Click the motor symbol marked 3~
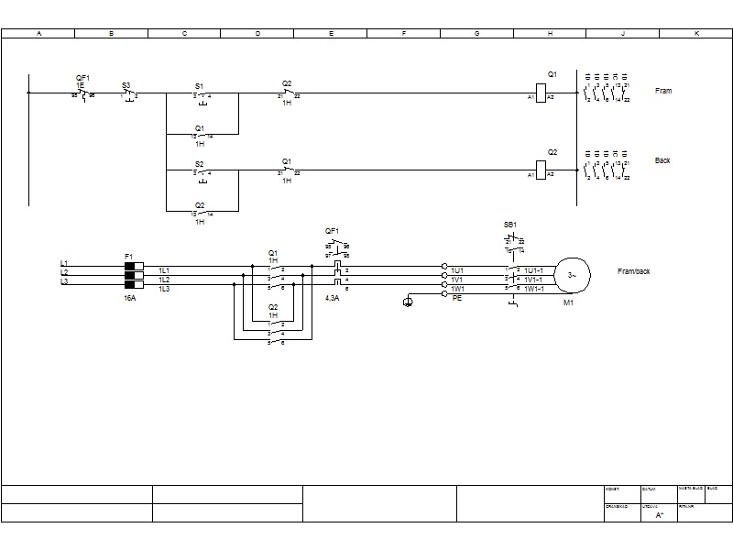pyautogui.click(x=572, y=274)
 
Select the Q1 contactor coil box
pyautogui.click(x=540, y=97)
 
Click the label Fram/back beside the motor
pyautogui.click(x=634, y=271)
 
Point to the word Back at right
pyautogui.click(x=662, y=160)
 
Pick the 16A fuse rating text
pyautogui.click(x=130, y=298)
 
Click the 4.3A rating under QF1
pyautogui.click(x=333, y=298)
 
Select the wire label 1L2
pyautogui.click(x=164, y=280)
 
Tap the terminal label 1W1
pyautogui.click(x=457, y=289)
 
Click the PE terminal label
pyautogui.click(x=457, y=299)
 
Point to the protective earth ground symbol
pyautogui.click(x=408, y=302)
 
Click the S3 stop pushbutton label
pyautogui.click(x=126, y=85)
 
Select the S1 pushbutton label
pyautogui.click(x=200, y=85)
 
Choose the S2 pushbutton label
pyautogui.click(x=200, y=164)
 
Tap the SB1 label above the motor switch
pyautogui.click(x=510, y=225)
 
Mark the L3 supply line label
pyautogui.click(x=64, y=282)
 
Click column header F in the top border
pyautogui.click(x=404, y=33)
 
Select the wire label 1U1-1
pyautogui.click(x=534, y=270)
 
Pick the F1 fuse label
pyautogui.click(x=128, y=256)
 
